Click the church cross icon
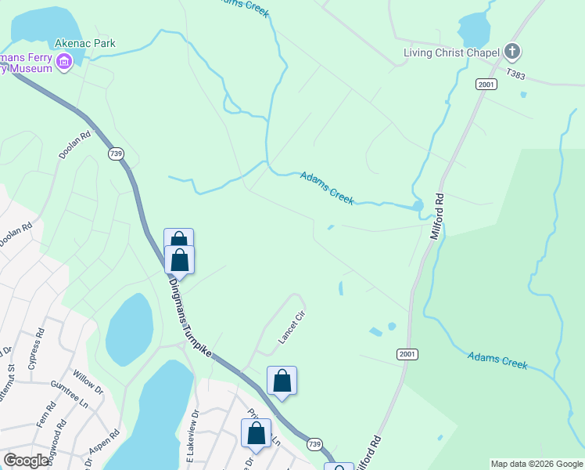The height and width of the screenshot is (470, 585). click(x=512, y=52)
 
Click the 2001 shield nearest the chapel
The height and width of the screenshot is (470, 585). click(x=486, y=84)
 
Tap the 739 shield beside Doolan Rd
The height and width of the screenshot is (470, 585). click(x=117, y=154)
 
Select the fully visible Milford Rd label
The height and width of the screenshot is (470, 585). click(x=437, y=217)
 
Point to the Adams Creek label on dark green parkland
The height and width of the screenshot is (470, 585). click(x=497, y=360)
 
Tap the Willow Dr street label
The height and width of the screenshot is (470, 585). click(x=88, y=379)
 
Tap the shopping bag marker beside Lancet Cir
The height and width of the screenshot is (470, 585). click(x=282, y=381)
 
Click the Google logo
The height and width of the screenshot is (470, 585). click(x=27, y=461)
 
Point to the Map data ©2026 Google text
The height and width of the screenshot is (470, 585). click(x=537, y=464)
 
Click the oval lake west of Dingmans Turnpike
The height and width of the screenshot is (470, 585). click(x=129, y=329)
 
